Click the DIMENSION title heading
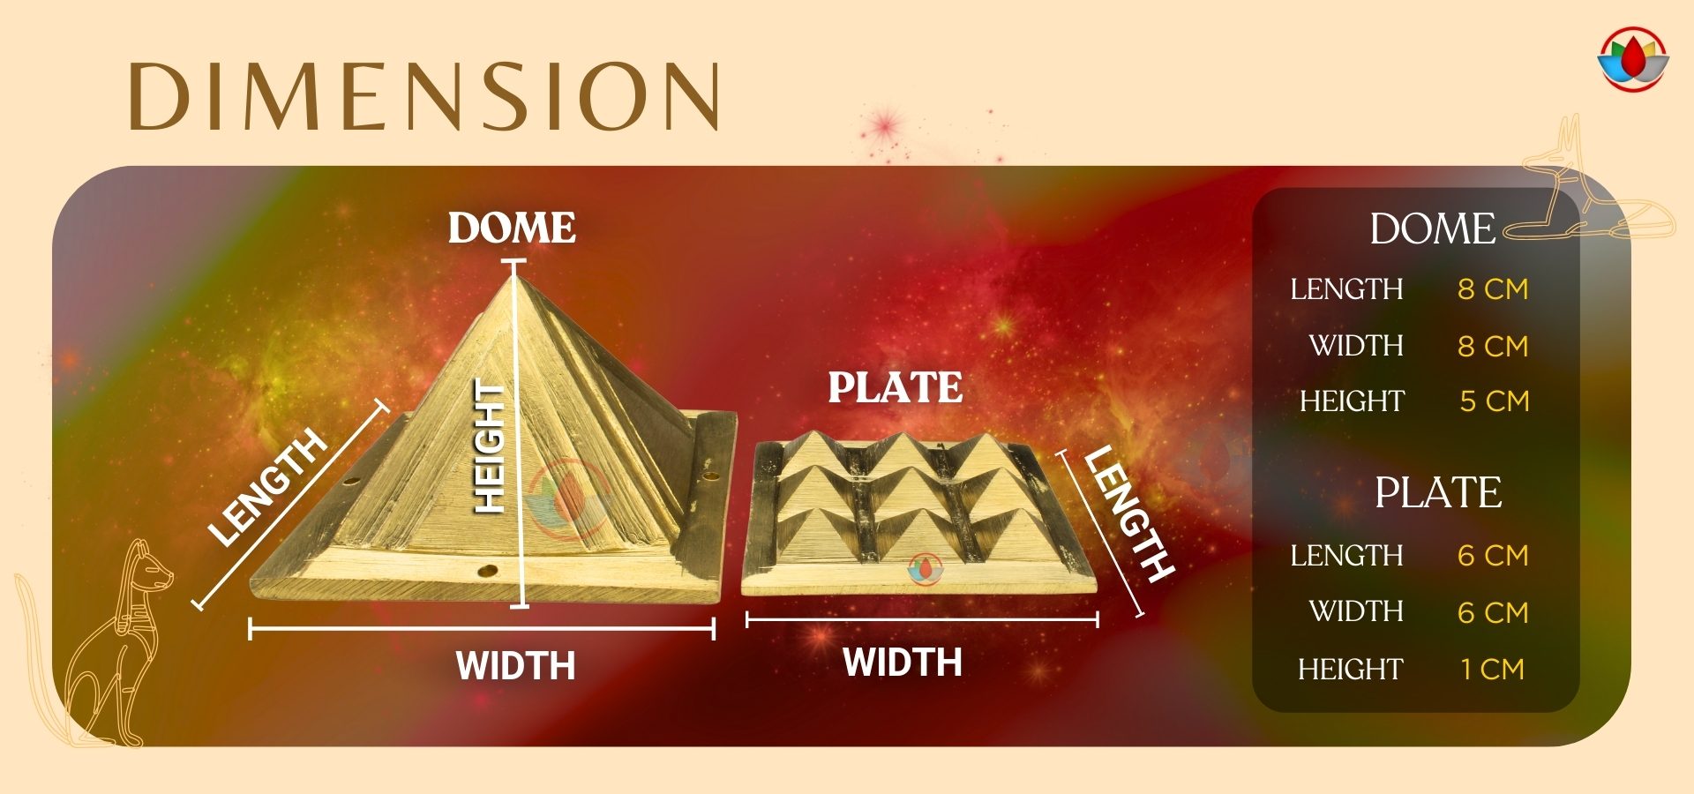(424, 96)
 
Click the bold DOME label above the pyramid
(512, 228)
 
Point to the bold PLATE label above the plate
(895, 387)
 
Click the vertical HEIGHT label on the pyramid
(490, 446)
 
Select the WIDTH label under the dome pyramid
(515, 665)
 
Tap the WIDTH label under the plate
(902, 663)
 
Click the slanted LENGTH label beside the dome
(266, 487)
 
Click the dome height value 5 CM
(1494, 401)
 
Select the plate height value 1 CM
(1492, 669)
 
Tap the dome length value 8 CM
(1493, 289)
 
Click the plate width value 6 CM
(1493, 612)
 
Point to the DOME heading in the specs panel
(1433, 229)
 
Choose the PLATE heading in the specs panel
(1438, 492)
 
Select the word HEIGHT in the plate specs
(1350, 670)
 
